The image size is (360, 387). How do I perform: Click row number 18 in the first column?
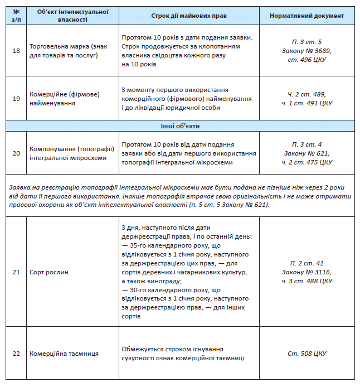16,51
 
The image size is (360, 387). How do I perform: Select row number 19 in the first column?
16,99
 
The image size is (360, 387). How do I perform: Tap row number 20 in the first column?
16,153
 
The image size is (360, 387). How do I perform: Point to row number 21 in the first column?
16,272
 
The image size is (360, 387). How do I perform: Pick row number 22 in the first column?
16,354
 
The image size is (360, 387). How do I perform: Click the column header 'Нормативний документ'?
307,16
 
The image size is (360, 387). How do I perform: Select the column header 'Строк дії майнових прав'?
188,16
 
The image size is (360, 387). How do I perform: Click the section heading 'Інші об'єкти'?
180,127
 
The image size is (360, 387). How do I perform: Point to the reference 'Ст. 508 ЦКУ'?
307,354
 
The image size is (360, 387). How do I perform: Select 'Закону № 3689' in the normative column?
307,51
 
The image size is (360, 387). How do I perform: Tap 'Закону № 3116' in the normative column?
307,272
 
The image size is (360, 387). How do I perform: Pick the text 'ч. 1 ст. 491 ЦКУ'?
307,103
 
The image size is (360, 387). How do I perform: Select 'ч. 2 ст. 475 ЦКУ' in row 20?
307,162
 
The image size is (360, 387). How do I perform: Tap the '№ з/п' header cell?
16,16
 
